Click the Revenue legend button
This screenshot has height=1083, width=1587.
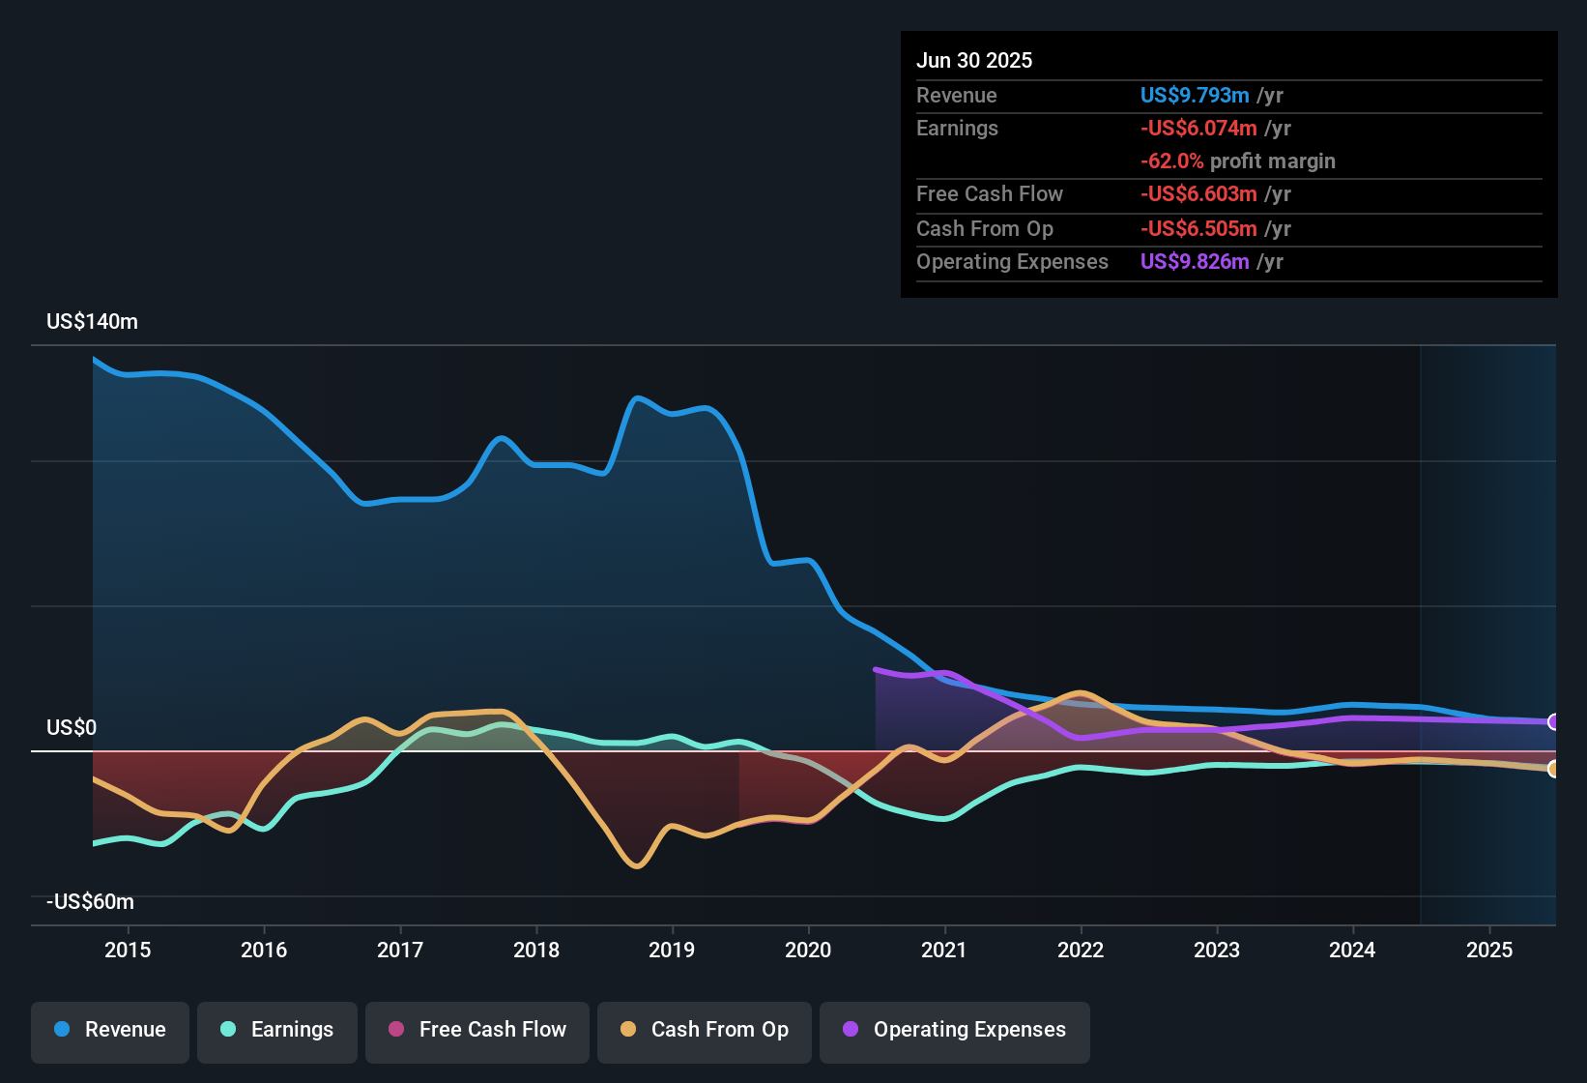110,1030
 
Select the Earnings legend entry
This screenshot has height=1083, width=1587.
277,1030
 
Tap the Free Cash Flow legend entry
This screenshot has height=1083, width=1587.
477,1030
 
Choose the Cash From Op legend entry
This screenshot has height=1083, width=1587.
705,1030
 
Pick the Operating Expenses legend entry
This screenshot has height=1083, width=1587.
955,1030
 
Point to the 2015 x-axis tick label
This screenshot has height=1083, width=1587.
128,950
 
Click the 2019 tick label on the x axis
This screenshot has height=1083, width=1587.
672,950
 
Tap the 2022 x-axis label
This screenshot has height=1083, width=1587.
1081,950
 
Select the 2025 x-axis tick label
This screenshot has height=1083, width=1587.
1488,950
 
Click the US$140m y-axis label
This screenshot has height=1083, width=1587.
92,322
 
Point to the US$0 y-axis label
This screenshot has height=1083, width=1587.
72,727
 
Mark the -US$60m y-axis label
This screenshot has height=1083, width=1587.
90,902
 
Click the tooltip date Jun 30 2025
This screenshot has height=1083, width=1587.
974,61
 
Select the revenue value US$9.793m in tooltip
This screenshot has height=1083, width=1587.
1195,96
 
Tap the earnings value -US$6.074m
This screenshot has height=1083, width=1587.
1198,129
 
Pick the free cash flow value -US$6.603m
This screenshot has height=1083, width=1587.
1198,194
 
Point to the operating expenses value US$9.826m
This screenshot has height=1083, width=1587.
1195,262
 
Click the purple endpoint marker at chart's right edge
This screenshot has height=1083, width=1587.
1553,722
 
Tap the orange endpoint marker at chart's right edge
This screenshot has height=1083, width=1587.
1553,769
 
